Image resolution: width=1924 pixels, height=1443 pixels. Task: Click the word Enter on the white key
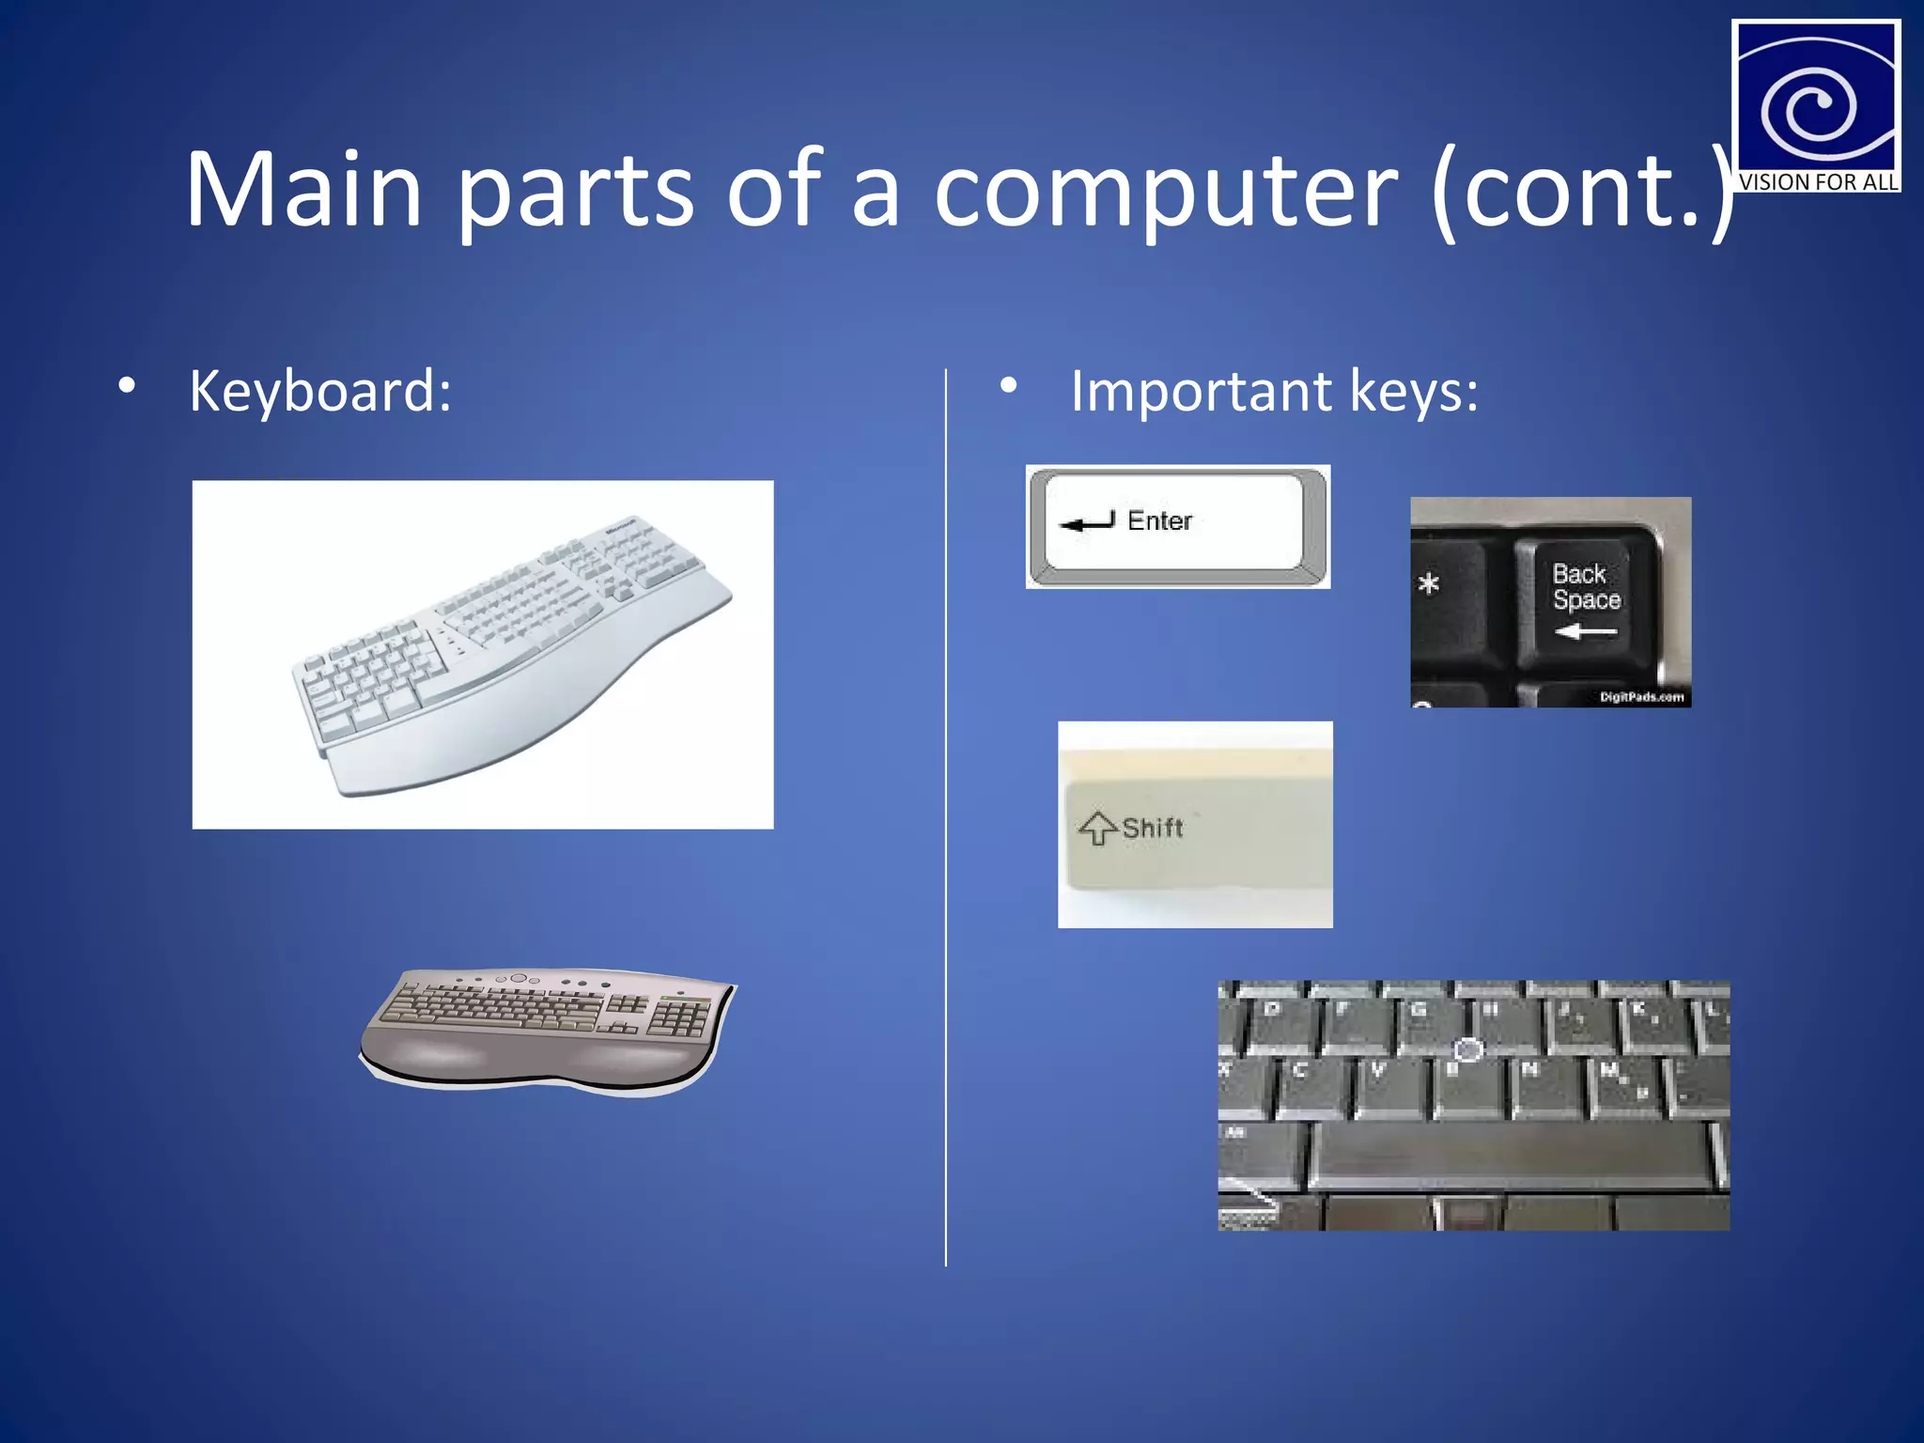(1159, 520)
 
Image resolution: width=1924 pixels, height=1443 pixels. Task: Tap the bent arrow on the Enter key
(1087, 522)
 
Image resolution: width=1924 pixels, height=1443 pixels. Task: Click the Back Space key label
(1586, 587)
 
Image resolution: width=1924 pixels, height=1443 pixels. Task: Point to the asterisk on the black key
(1428, 584)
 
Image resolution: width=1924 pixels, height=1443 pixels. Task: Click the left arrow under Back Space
(1585, 632)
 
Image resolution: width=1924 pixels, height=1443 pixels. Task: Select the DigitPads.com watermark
(1641, 697)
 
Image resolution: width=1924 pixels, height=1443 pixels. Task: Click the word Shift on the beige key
(1153, 828)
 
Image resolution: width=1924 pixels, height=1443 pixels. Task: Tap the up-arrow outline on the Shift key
(1098, 828)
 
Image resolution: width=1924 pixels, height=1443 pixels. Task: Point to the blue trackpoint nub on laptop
(1467, 1050)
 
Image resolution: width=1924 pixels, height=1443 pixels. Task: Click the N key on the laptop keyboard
(1531, 1080)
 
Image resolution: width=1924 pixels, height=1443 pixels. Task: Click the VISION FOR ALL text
(1817, 182)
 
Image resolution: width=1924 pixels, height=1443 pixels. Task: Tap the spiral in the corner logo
(1809, 108)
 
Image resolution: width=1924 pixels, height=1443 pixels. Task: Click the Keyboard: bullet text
(320, 391)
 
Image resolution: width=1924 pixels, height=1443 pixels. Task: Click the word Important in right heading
(1201, 391)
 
